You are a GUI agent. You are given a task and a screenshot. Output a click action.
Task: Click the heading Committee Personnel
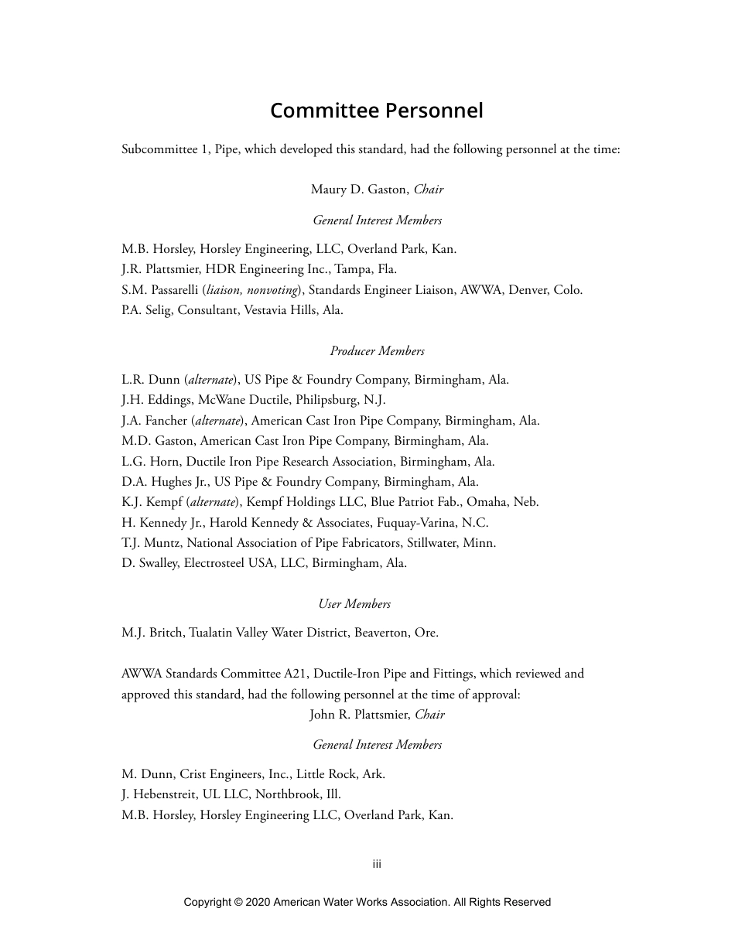pyautogui.click(x=376, y=111)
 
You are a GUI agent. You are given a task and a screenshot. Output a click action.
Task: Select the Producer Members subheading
pyautogui.click(x=377, y=351)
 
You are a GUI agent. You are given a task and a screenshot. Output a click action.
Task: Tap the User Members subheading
pyautogui.click(x=354, y=604)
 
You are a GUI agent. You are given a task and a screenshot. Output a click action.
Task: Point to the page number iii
pyautogui.click(x=377, y=864)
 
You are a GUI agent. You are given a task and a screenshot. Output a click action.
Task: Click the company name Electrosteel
pyautogui.click(x=214, y=563)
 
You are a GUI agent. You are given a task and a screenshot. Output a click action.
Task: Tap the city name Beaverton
pyautogui.click(x=382, y=633)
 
